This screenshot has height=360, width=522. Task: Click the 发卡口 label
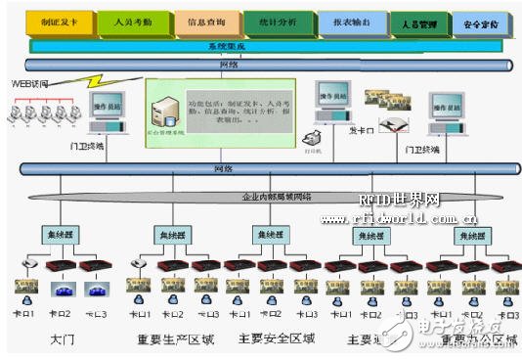click(x=361, y=128)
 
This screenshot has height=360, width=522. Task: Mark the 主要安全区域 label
click(x=276, y=340)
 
